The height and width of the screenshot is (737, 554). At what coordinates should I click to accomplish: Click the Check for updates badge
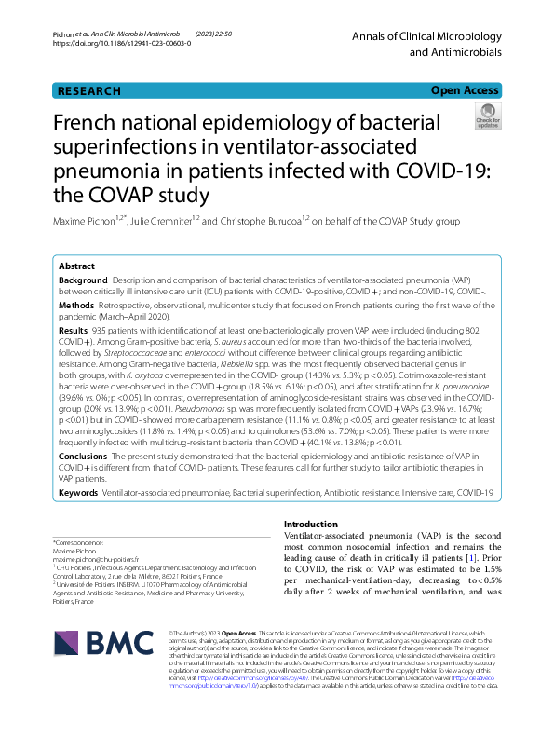pyautogui.click(x=487, y=119)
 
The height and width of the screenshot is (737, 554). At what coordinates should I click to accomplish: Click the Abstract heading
pyautogui.click(x=76, y=266)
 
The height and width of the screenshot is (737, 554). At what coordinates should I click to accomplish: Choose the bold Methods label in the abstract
pyautogui.click(x=76, y=305)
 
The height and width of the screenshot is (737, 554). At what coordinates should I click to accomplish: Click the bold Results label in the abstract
pyautogui.click(x=74, y=330)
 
